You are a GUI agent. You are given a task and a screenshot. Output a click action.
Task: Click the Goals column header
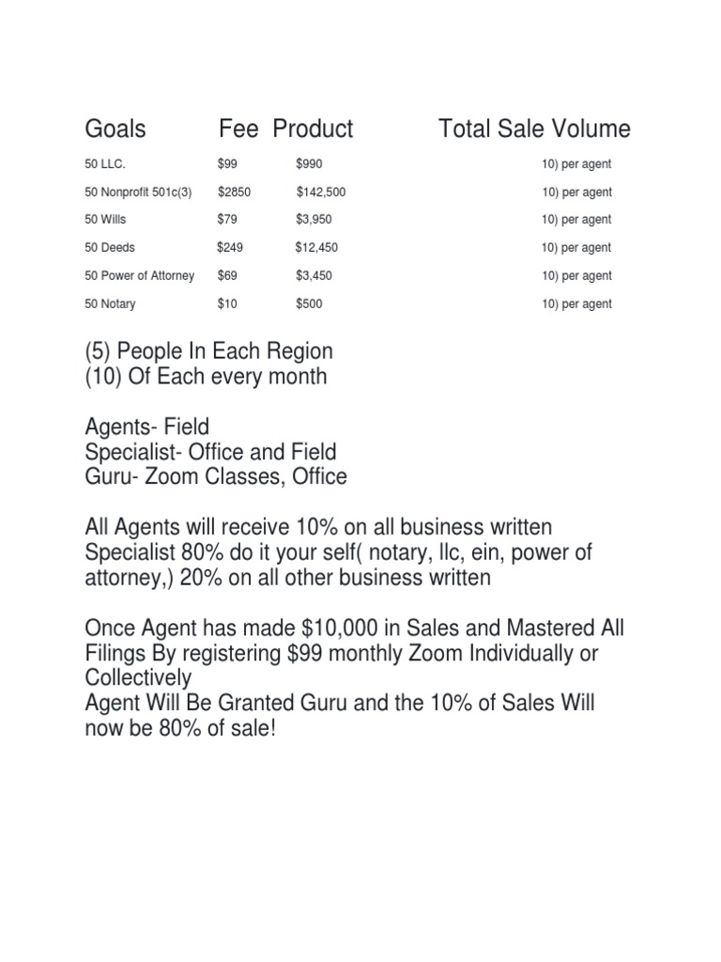[x=115, y=129]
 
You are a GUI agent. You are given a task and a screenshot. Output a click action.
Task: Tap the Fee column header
[x=238, y=129]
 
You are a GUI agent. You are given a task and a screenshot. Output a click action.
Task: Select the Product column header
[x=313, y=129]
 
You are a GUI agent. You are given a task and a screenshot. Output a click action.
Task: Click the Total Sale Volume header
[x=534, y=129]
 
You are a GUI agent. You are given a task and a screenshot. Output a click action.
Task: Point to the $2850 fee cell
[x=234, y=192]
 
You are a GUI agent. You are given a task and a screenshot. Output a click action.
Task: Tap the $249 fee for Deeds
[x=230, y=248]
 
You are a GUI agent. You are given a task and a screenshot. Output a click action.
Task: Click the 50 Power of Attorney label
[x=140, y=276]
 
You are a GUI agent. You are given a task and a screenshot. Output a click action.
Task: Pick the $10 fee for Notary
[x=227, y=304]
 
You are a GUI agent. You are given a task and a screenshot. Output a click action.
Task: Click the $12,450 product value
[x=316, y=248]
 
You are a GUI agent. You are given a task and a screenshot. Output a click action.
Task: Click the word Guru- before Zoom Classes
[x=111, y=476]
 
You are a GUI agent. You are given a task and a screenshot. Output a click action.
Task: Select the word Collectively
[x=138, y=677]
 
